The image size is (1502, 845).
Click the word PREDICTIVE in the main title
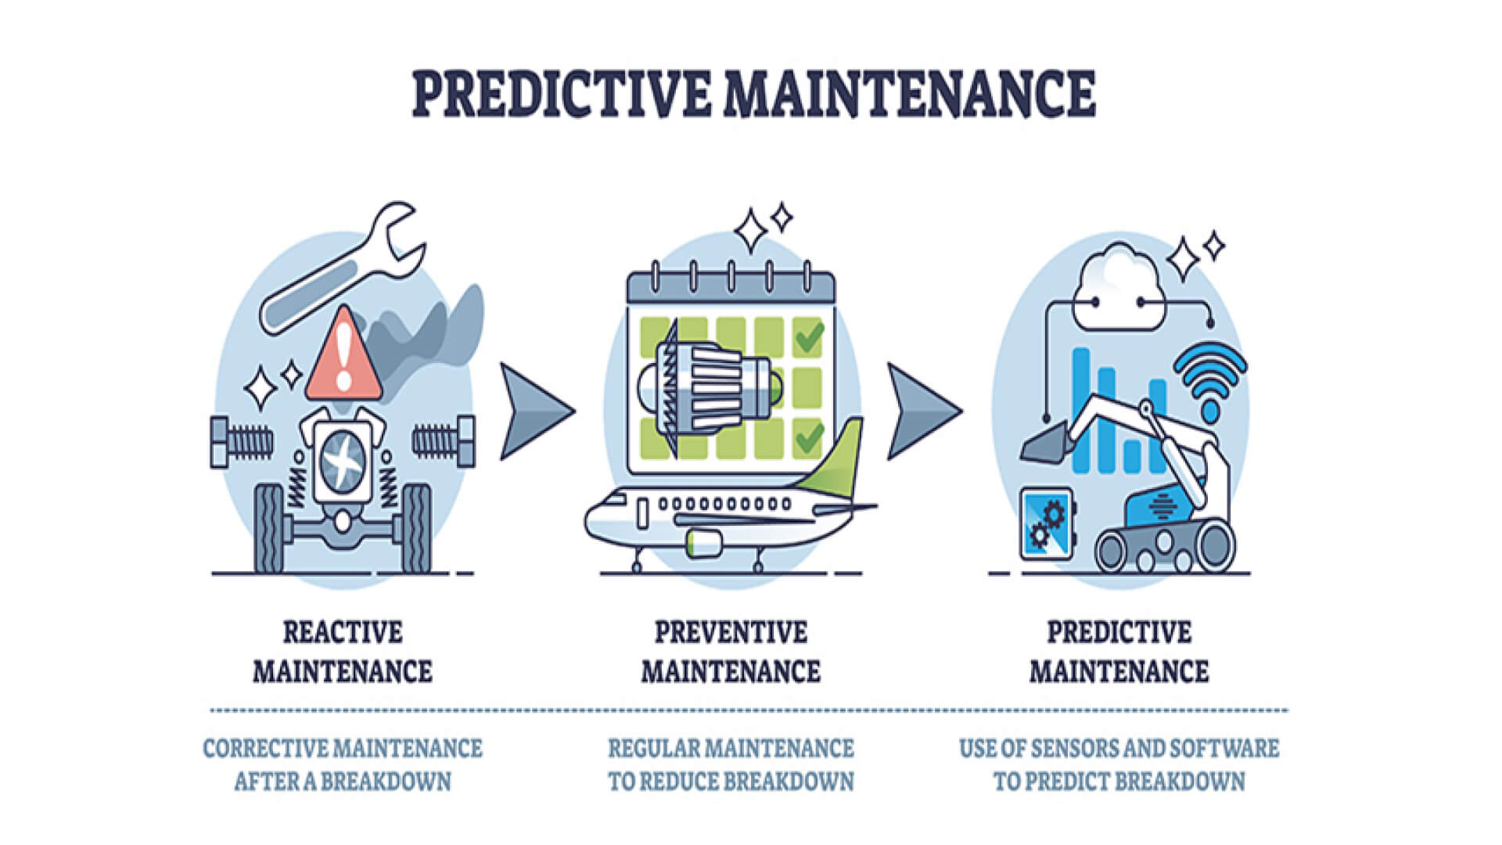point(561,94)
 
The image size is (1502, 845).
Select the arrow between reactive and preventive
point(535,410)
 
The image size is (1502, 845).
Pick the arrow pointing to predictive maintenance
point(922,410)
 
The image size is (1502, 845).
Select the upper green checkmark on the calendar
point(808,338)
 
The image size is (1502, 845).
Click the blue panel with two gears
point(1047,523)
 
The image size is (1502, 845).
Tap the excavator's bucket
point(1044,444)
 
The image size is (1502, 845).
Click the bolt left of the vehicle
point(241,441)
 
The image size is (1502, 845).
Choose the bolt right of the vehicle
point(444,441)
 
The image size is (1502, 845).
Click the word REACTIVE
point(343,632)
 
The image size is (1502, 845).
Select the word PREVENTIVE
point(731,632)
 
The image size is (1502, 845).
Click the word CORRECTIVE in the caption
point(269,749)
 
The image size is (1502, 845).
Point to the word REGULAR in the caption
point(654,749)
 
